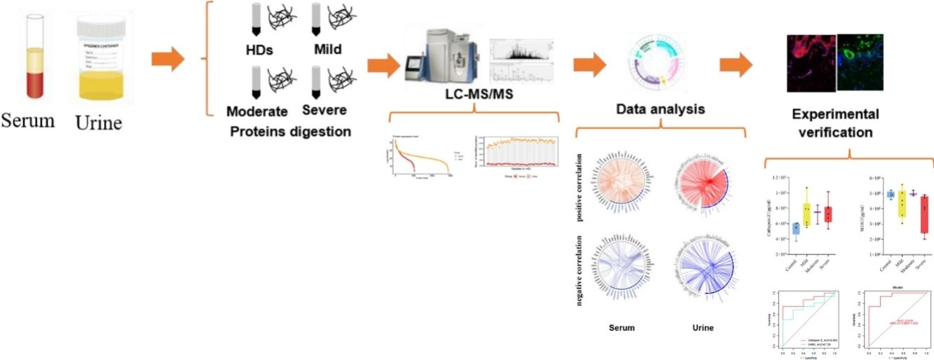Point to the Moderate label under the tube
257,111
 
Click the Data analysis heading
660,109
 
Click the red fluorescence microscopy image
811,63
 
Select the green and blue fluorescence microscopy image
862,63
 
